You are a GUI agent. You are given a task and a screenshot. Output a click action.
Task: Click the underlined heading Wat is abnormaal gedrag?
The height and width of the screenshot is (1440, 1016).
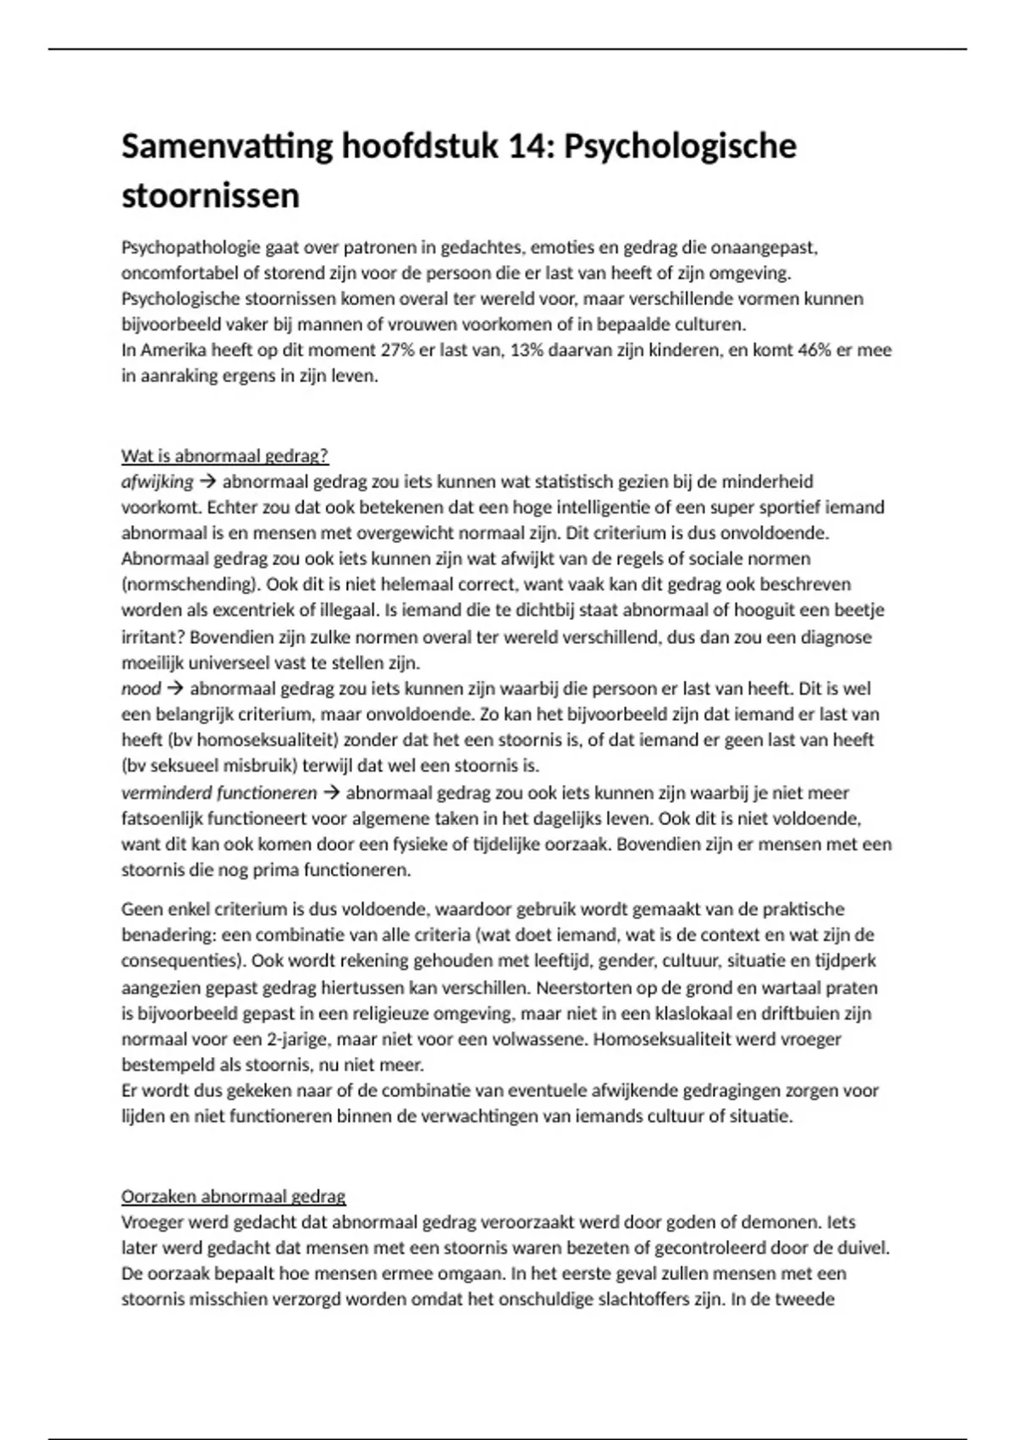224,456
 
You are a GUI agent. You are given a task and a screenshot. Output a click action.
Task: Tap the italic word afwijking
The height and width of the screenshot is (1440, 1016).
157,482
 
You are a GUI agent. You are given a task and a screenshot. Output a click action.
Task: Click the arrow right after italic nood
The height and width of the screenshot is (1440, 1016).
175,689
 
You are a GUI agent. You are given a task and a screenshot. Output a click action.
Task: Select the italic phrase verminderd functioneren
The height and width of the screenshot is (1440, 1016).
219,793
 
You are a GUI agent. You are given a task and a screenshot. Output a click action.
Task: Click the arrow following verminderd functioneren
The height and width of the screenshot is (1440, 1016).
331,793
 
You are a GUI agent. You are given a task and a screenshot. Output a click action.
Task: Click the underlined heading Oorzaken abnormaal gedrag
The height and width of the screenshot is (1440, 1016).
234,1197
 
